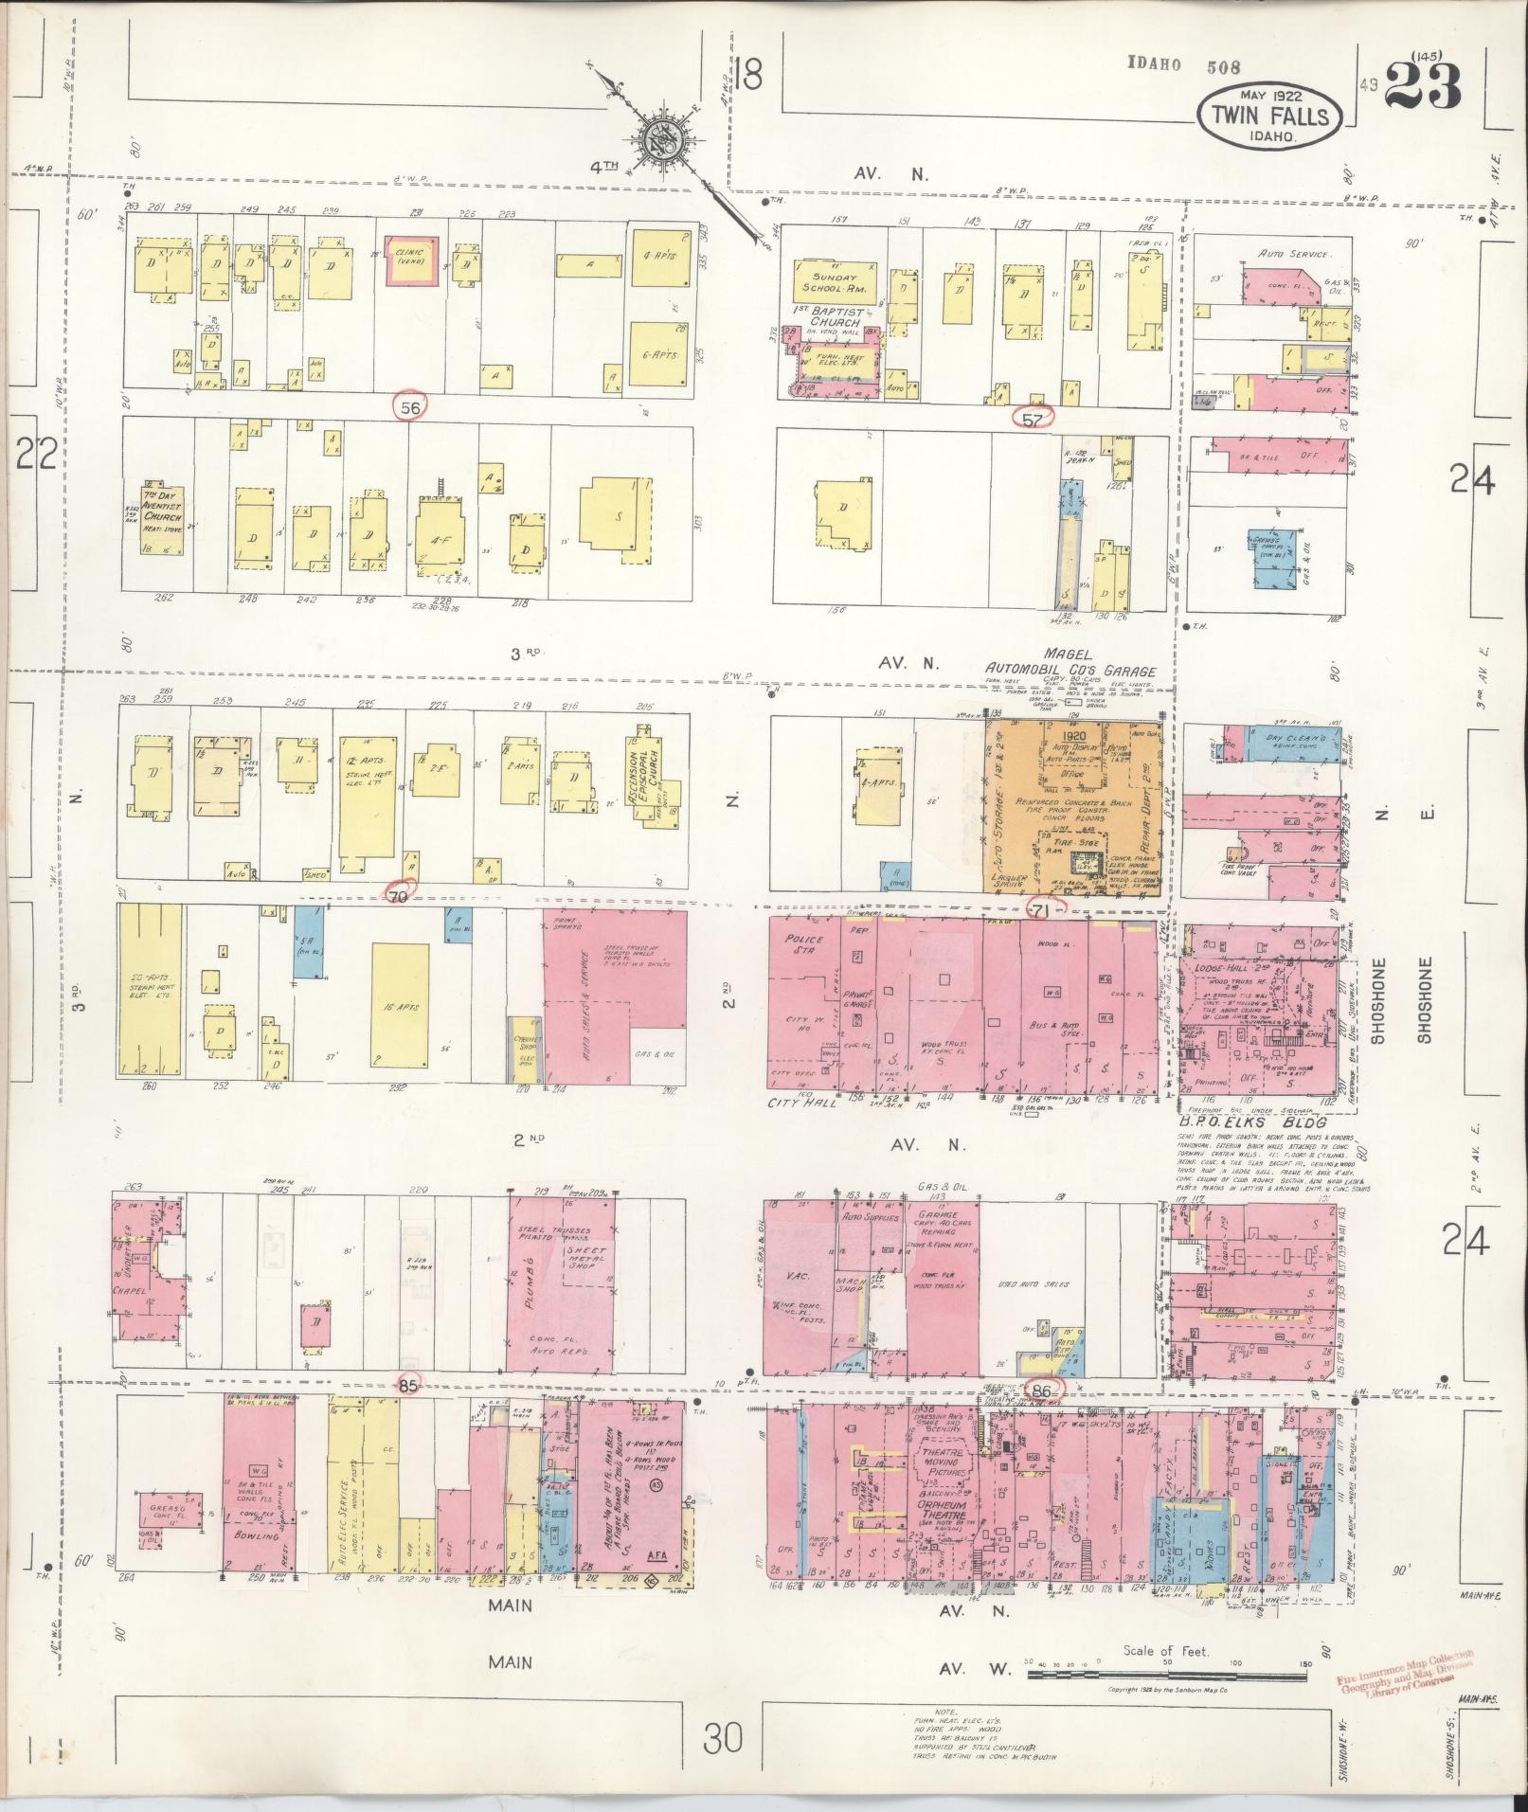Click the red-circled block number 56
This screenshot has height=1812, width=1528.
[410, 407]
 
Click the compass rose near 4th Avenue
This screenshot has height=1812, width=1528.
[657, 141]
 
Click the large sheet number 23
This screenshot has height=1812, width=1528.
[1423, 90]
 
